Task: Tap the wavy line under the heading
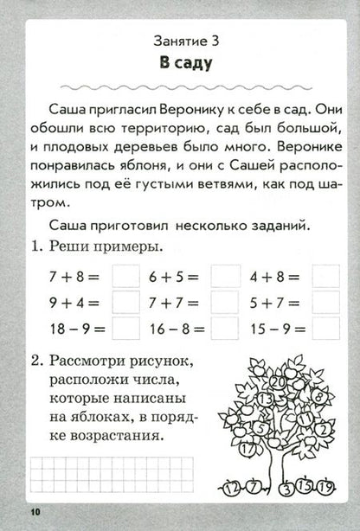179,84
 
